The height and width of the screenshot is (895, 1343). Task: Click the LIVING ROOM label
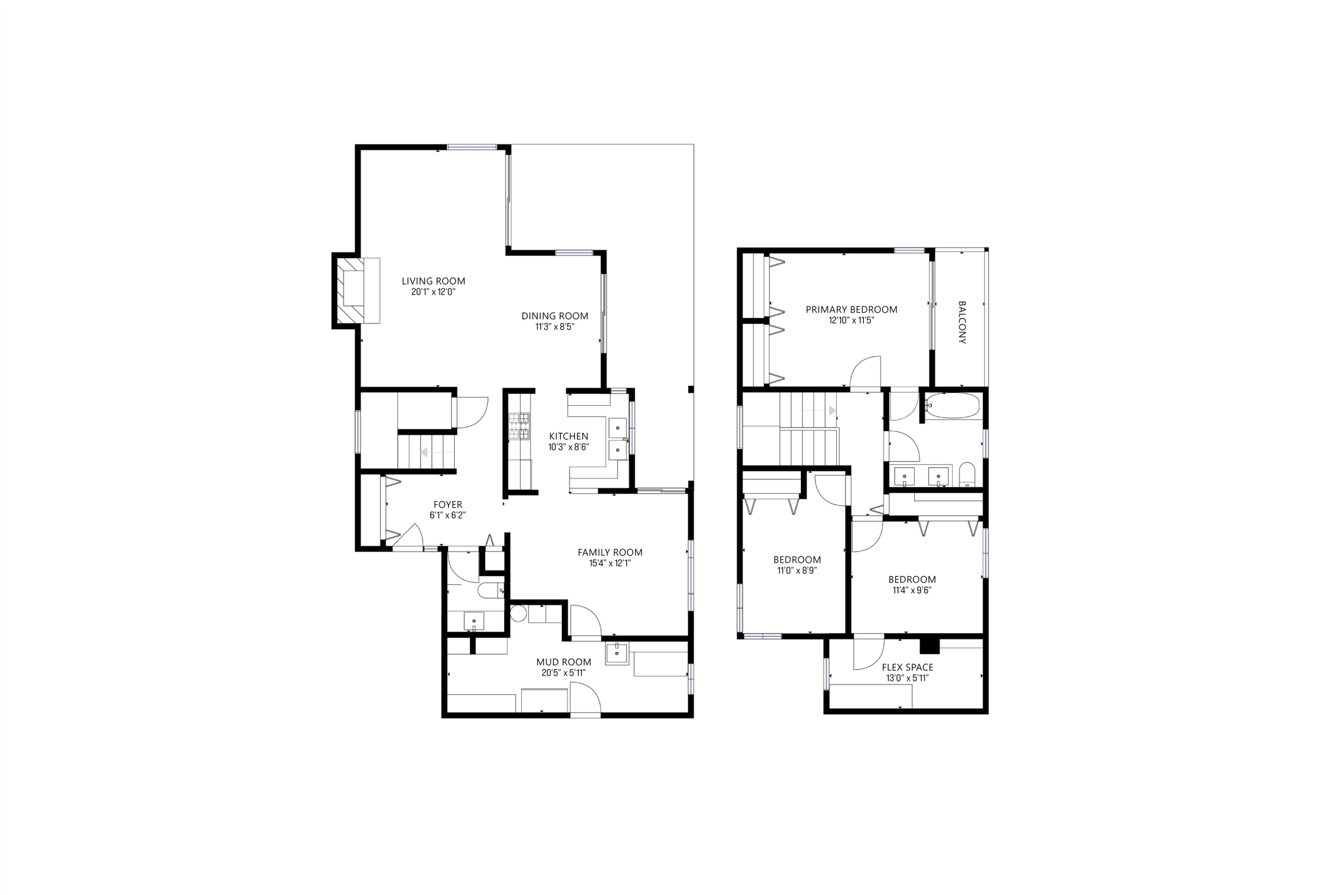click(433, 281)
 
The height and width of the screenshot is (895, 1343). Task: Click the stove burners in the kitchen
click(518, 426)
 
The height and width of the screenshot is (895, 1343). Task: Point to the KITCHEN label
click(568, 436)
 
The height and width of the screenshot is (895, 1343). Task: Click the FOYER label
click(448, 505)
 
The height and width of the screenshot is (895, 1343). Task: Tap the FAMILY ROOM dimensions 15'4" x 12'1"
click(610, 563)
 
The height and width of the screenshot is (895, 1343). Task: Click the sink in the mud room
click(617, 653)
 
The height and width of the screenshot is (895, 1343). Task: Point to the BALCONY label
click(962, 323)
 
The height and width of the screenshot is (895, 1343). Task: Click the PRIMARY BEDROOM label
click(851, 309)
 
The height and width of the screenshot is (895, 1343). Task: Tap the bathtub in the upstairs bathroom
click(953, 406)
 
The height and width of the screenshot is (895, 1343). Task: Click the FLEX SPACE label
click(907, 667)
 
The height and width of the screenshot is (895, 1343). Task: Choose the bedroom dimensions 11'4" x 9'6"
click(911, 590)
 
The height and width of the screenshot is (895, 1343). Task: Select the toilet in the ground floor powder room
click(490, 590)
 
